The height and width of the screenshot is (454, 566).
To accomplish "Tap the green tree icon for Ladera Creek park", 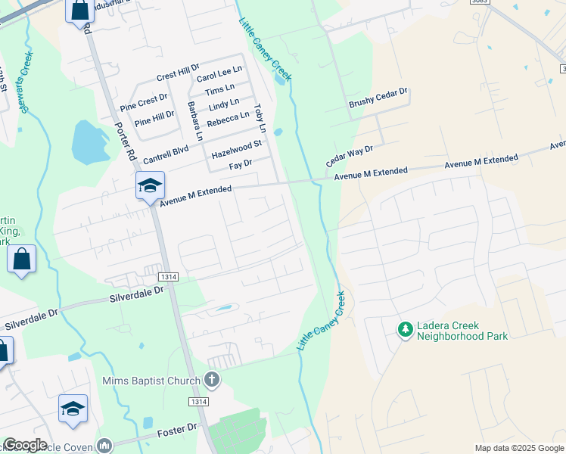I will [406, 329].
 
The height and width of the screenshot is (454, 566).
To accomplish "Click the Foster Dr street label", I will [176, 429].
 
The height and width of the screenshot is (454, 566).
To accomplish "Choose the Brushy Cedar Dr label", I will [378, 98].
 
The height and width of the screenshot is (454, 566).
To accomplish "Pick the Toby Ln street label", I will [260, 113].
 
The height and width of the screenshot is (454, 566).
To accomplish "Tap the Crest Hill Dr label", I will [177, 74].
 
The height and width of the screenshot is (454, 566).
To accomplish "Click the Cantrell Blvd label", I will [165, 154].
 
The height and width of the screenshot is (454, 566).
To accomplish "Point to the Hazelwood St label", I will [236, 148].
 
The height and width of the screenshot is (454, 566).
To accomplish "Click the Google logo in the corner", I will [25, 445].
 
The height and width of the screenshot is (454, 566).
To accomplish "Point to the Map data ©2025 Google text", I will [519, 448].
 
